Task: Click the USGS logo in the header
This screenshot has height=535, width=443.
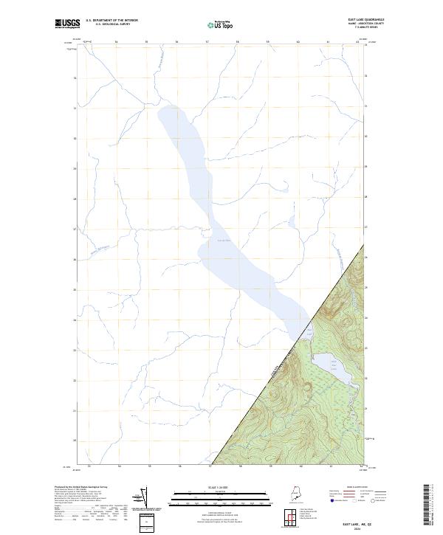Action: click(69, 23)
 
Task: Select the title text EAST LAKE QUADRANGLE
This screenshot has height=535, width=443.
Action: click(368, 18)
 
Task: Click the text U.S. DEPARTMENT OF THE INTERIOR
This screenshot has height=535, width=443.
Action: click(111, 20)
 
